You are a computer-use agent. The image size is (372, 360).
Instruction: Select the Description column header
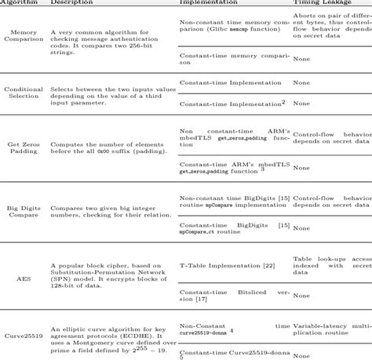pos(70,3)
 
